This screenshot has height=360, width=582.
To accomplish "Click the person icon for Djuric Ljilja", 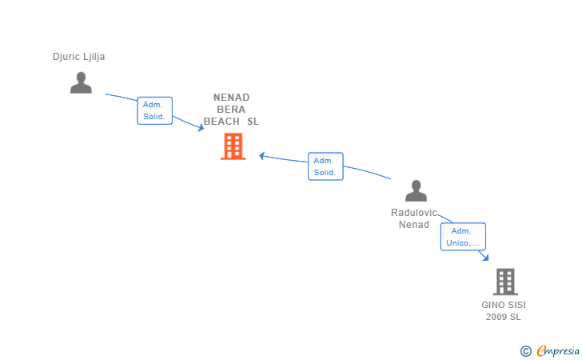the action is tap(81, 82).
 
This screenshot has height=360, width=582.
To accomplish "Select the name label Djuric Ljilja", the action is tap(78, 57).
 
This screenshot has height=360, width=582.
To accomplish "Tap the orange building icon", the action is tap(233, 146).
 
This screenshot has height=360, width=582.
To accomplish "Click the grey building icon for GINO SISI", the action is tap(505, 282).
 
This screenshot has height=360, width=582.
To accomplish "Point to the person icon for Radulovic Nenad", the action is tap(416, 190).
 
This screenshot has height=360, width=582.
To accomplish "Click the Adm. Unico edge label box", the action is tap(463, 237).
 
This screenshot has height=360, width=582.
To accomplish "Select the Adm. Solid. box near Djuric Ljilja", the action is tap(154, 110).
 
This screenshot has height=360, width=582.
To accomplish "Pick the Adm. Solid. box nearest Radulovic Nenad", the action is tap(325, 166).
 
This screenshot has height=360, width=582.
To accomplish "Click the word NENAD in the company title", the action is tap(231, 98).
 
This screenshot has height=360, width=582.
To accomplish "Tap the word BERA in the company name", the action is tap(231, 110).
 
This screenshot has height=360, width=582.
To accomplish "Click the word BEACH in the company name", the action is tap(221, 122).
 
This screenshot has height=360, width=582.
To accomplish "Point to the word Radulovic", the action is tap(414, 213).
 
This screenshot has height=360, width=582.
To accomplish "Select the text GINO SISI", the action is tap(504, 305).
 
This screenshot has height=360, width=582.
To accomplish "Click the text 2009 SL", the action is tap(504, 317).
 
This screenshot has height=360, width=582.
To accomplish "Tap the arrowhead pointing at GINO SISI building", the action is tap(485, 258).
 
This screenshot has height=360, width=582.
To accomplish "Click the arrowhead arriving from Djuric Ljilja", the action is tap(201, 128).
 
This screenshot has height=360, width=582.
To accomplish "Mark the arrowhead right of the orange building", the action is tap(261, 156).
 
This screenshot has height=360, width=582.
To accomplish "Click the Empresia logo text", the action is tap(558, 350).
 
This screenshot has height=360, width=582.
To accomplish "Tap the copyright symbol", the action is tap(525, 351).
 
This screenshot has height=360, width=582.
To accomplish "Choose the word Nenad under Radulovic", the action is tap(414, 225).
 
